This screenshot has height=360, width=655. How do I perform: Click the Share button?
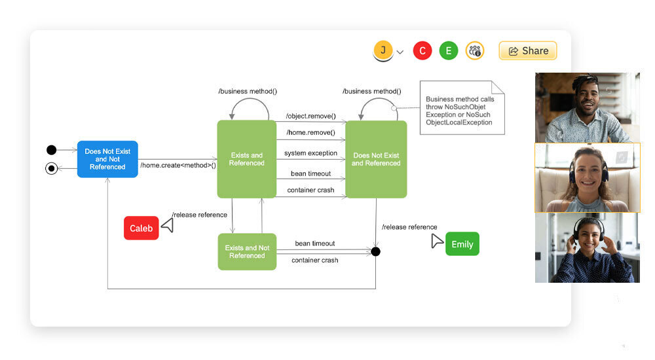[528, 50]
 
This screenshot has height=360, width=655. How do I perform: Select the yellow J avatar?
[383, 50]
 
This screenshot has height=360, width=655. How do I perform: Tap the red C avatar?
[422, 50]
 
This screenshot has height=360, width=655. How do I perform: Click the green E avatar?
[449, 50]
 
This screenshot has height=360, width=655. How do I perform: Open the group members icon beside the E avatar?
[475, 50]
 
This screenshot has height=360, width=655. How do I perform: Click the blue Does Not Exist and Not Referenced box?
[107, 159]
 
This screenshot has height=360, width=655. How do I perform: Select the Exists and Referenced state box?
[247, 159]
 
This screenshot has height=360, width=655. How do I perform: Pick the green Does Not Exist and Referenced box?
[376, 159]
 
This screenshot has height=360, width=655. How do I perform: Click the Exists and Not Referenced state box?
[247, 251]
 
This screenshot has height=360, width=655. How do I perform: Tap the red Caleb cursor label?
[141, 228]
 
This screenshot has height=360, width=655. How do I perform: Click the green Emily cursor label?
[462, 244]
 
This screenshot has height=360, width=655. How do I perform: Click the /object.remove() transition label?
[310, 117]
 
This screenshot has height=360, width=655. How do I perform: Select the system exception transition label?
[310, 153]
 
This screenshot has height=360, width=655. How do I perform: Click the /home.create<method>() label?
[178, 165]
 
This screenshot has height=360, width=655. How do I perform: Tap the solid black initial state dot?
[52, 151]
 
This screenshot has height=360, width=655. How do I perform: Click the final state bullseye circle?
[52, 169]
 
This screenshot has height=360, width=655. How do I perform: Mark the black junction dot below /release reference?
[375, 251]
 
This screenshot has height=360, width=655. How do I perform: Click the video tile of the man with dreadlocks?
[587, 107]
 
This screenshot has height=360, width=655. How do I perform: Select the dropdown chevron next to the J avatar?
[400, 52]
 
